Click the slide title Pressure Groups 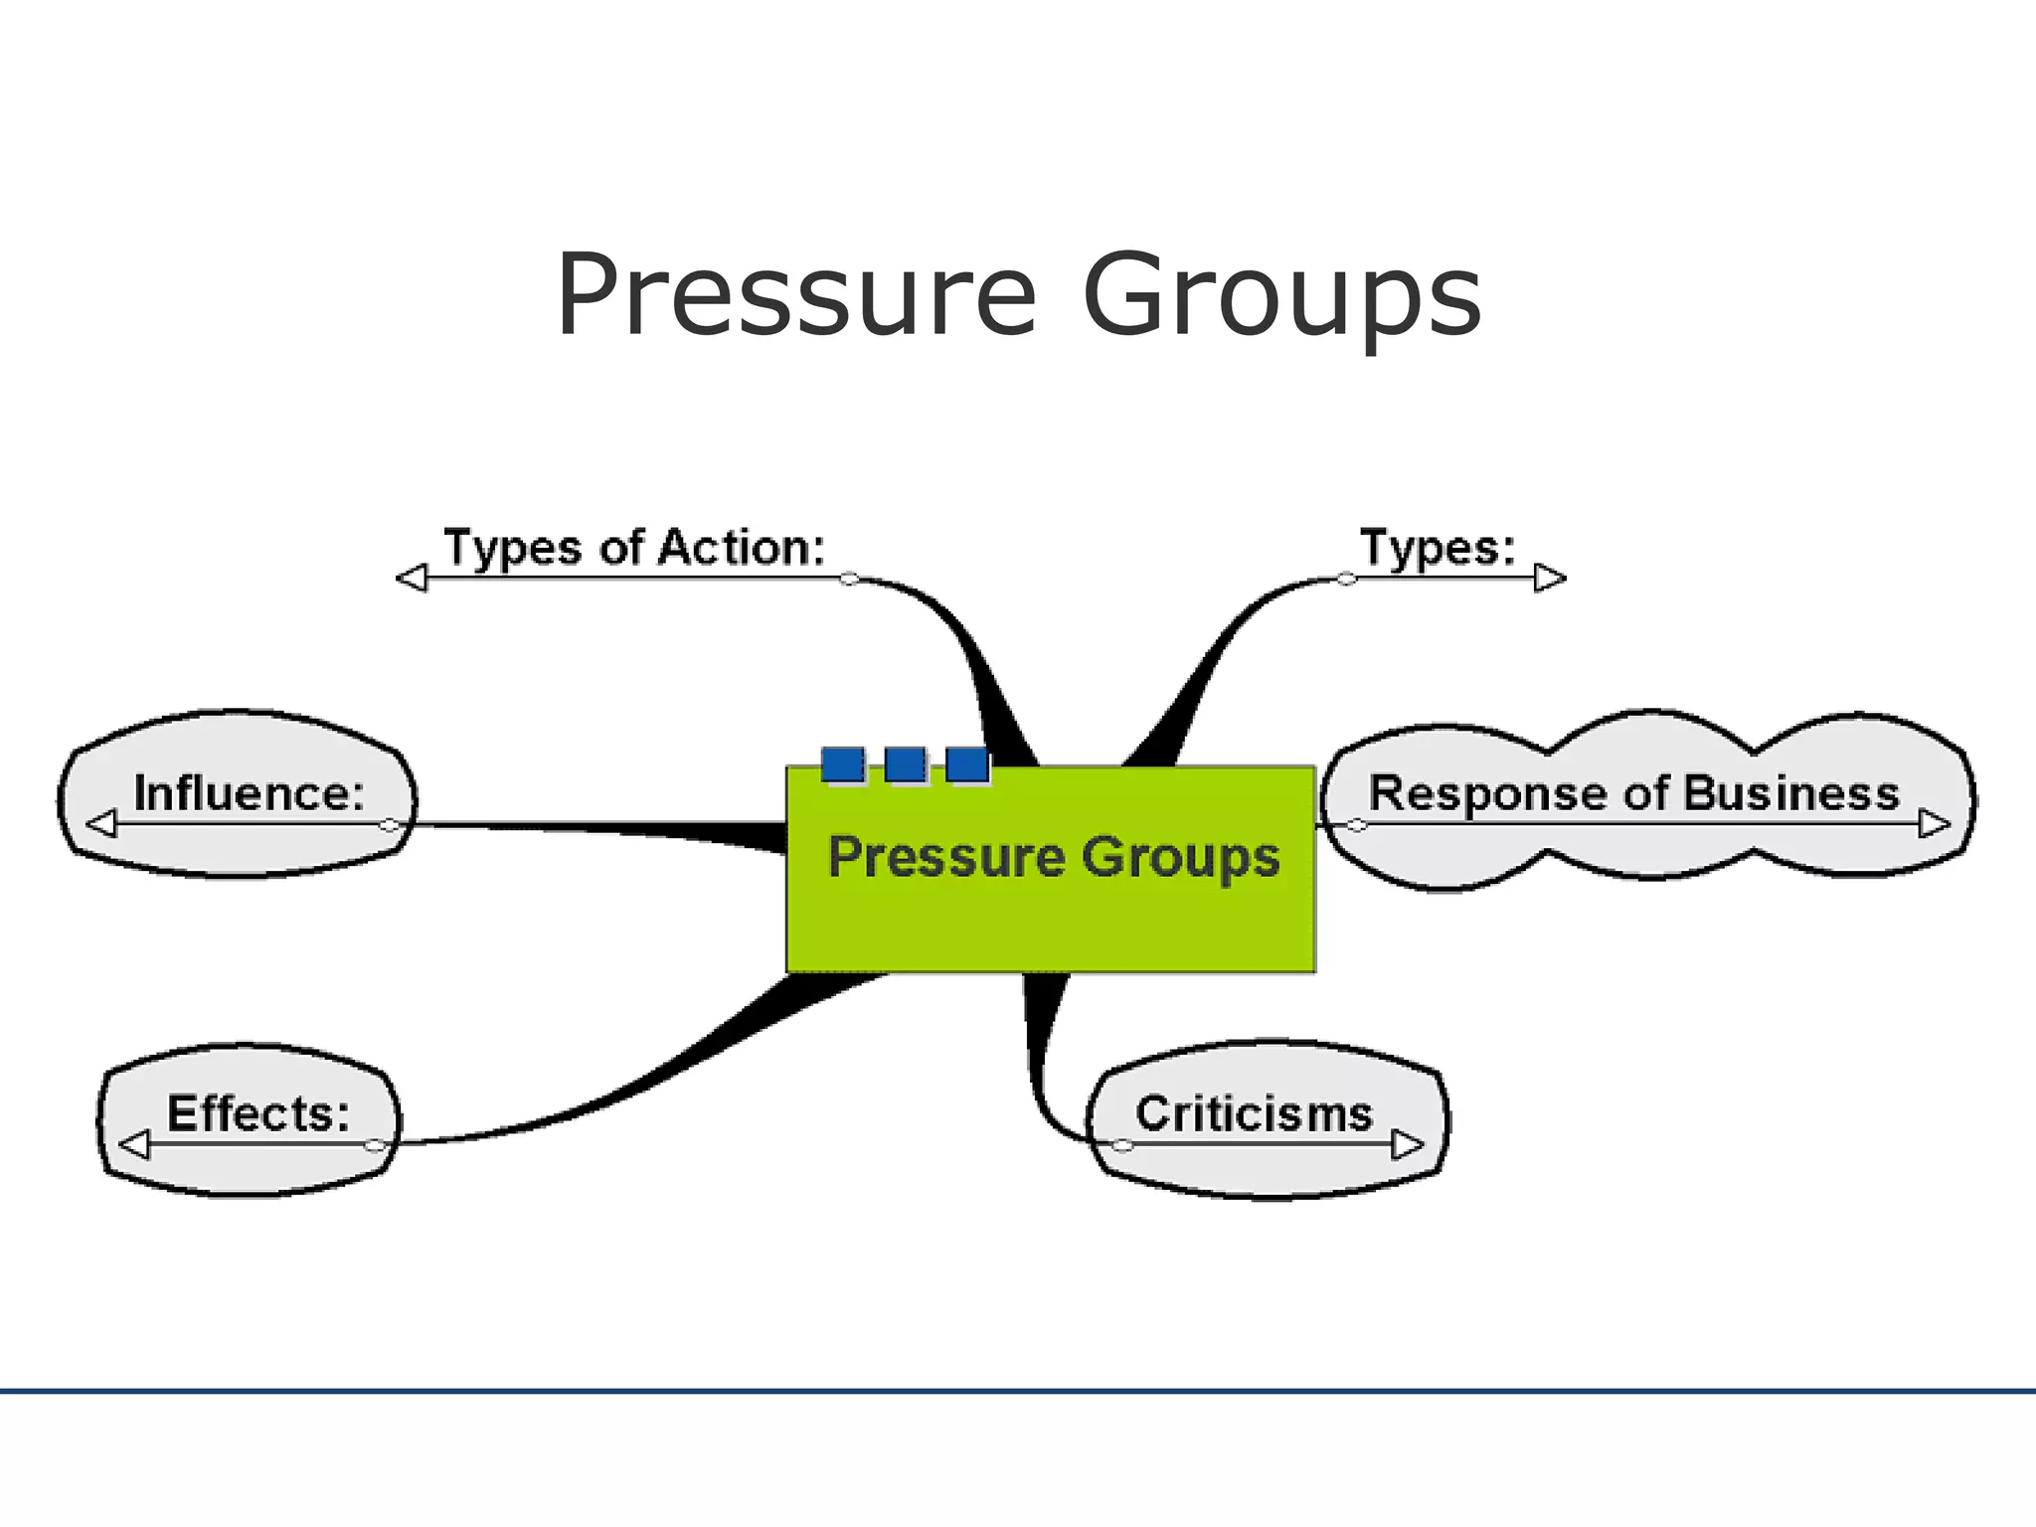point(1018,295)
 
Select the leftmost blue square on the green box point(843,765)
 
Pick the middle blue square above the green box point(906,765)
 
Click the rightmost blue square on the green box point(967,765)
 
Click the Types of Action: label point(634,548)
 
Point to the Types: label point(1438,548)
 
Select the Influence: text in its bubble point(249,793)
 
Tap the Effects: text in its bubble point(258,1113)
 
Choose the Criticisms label point(1254,1113)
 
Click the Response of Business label point(1633,793)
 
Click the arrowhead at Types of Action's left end point(412,578)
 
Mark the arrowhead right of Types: point(1550,578)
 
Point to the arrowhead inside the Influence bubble point(101,824)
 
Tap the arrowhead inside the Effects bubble point(134,1145)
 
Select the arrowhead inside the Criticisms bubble point(1407,1145)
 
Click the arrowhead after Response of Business point(1934,824)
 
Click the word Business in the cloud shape point(1791,793)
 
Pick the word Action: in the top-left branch point(742,548)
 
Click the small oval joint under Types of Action point(849,579)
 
